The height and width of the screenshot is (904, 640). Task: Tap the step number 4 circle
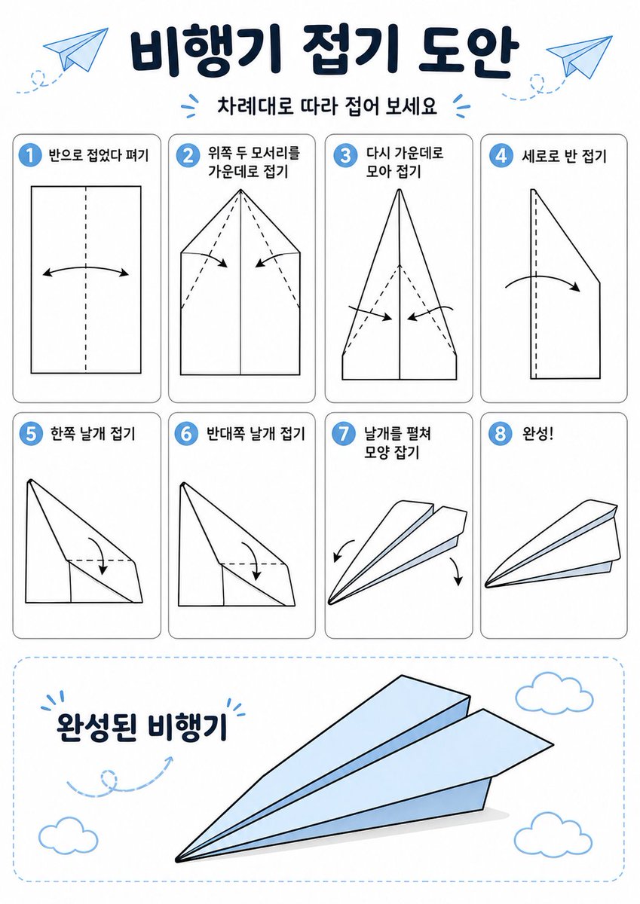500,156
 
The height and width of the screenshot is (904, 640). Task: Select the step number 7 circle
344,434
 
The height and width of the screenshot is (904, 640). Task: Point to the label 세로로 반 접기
563,157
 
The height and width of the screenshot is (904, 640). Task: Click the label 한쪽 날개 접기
92,435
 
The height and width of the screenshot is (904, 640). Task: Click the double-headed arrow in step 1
86,271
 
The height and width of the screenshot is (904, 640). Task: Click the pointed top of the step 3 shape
399,191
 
